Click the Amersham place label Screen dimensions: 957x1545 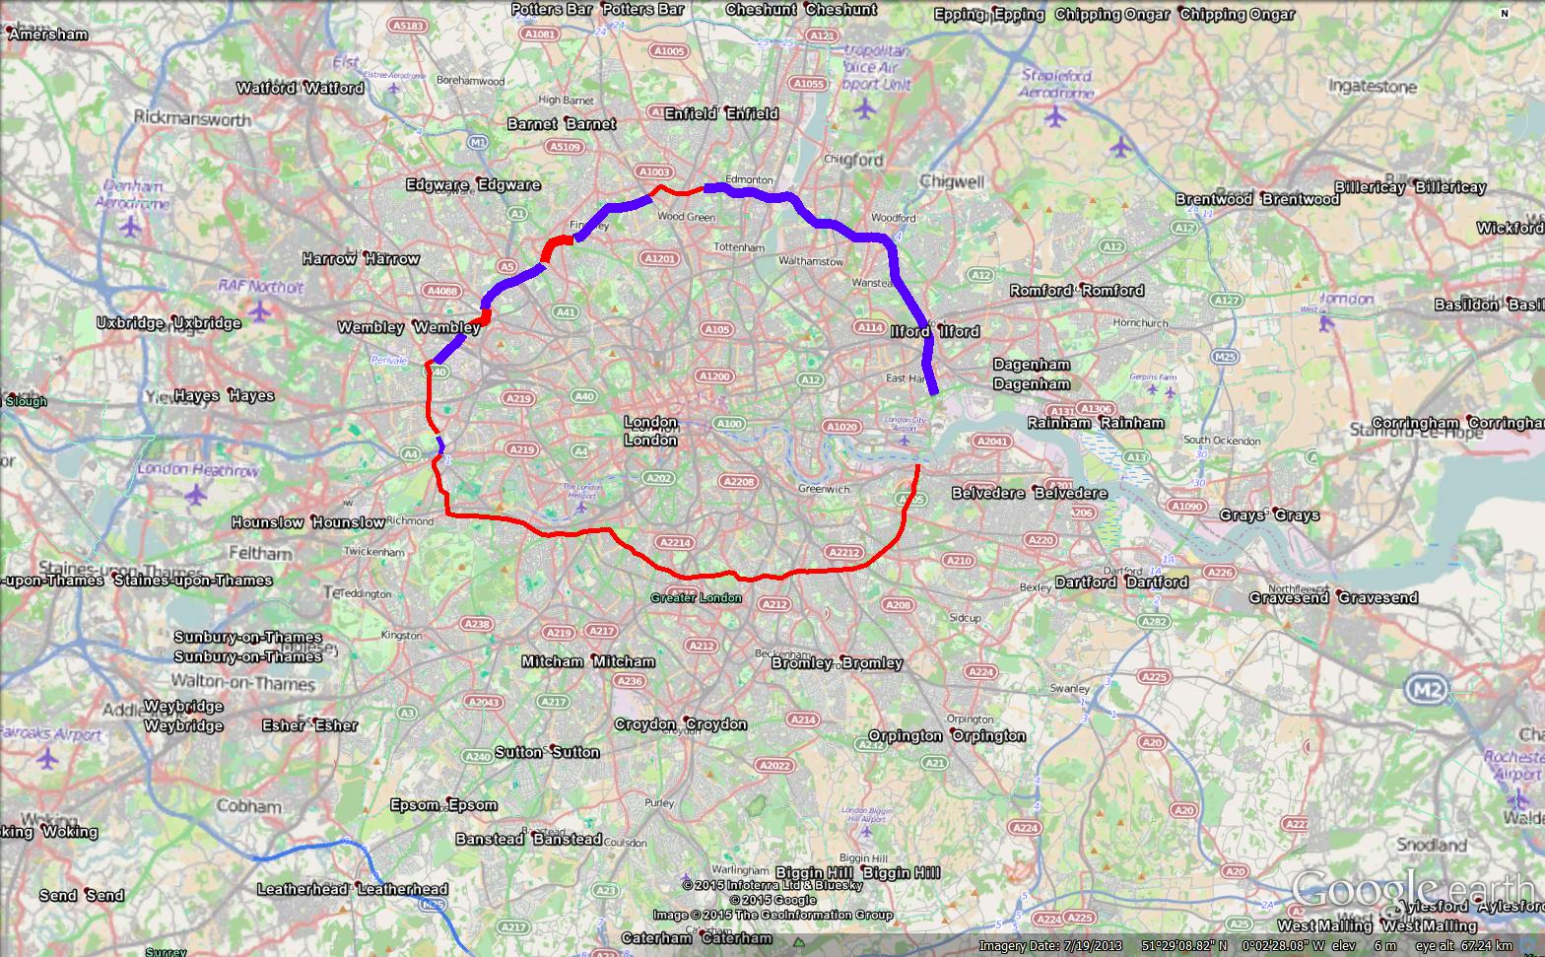click(49, 34)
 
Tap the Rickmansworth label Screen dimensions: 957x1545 click(192, 119)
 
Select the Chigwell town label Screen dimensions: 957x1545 click(952, 181)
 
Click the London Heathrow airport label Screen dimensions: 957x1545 click(198, 470)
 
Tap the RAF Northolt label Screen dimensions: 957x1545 click(261, 287)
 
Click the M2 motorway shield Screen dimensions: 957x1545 click(1426, 689)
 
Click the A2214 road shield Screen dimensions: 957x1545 click(675, 542)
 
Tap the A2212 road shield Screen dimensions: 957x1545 click(844, 553)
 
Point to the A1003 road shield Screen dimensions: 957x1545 click(654, 172)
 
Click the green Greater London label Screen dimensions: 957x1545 click(696, 598)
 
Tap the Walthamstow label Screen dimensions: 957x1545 click(811, 262)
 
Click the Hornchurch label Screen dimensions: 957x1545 click(1140, 323)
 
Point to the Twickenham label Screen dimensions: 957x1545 click(375, 553)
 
